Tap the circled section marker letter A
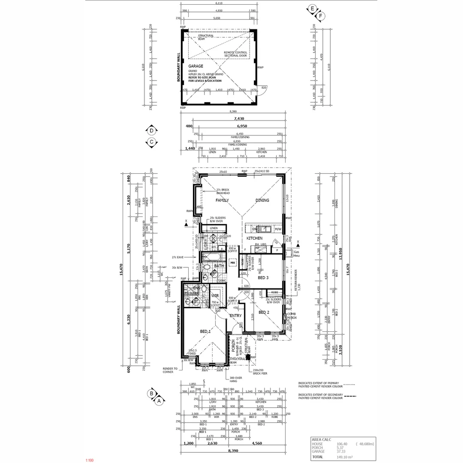point(159,401)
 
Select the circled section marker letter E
point(313,9)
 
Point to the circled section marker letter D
point(151,131)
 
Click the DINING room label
point(262,200)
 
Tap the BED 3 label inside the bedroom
point(264,278)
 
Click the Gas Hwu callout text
point(296,253)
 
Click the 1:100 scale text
point(89,460)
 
